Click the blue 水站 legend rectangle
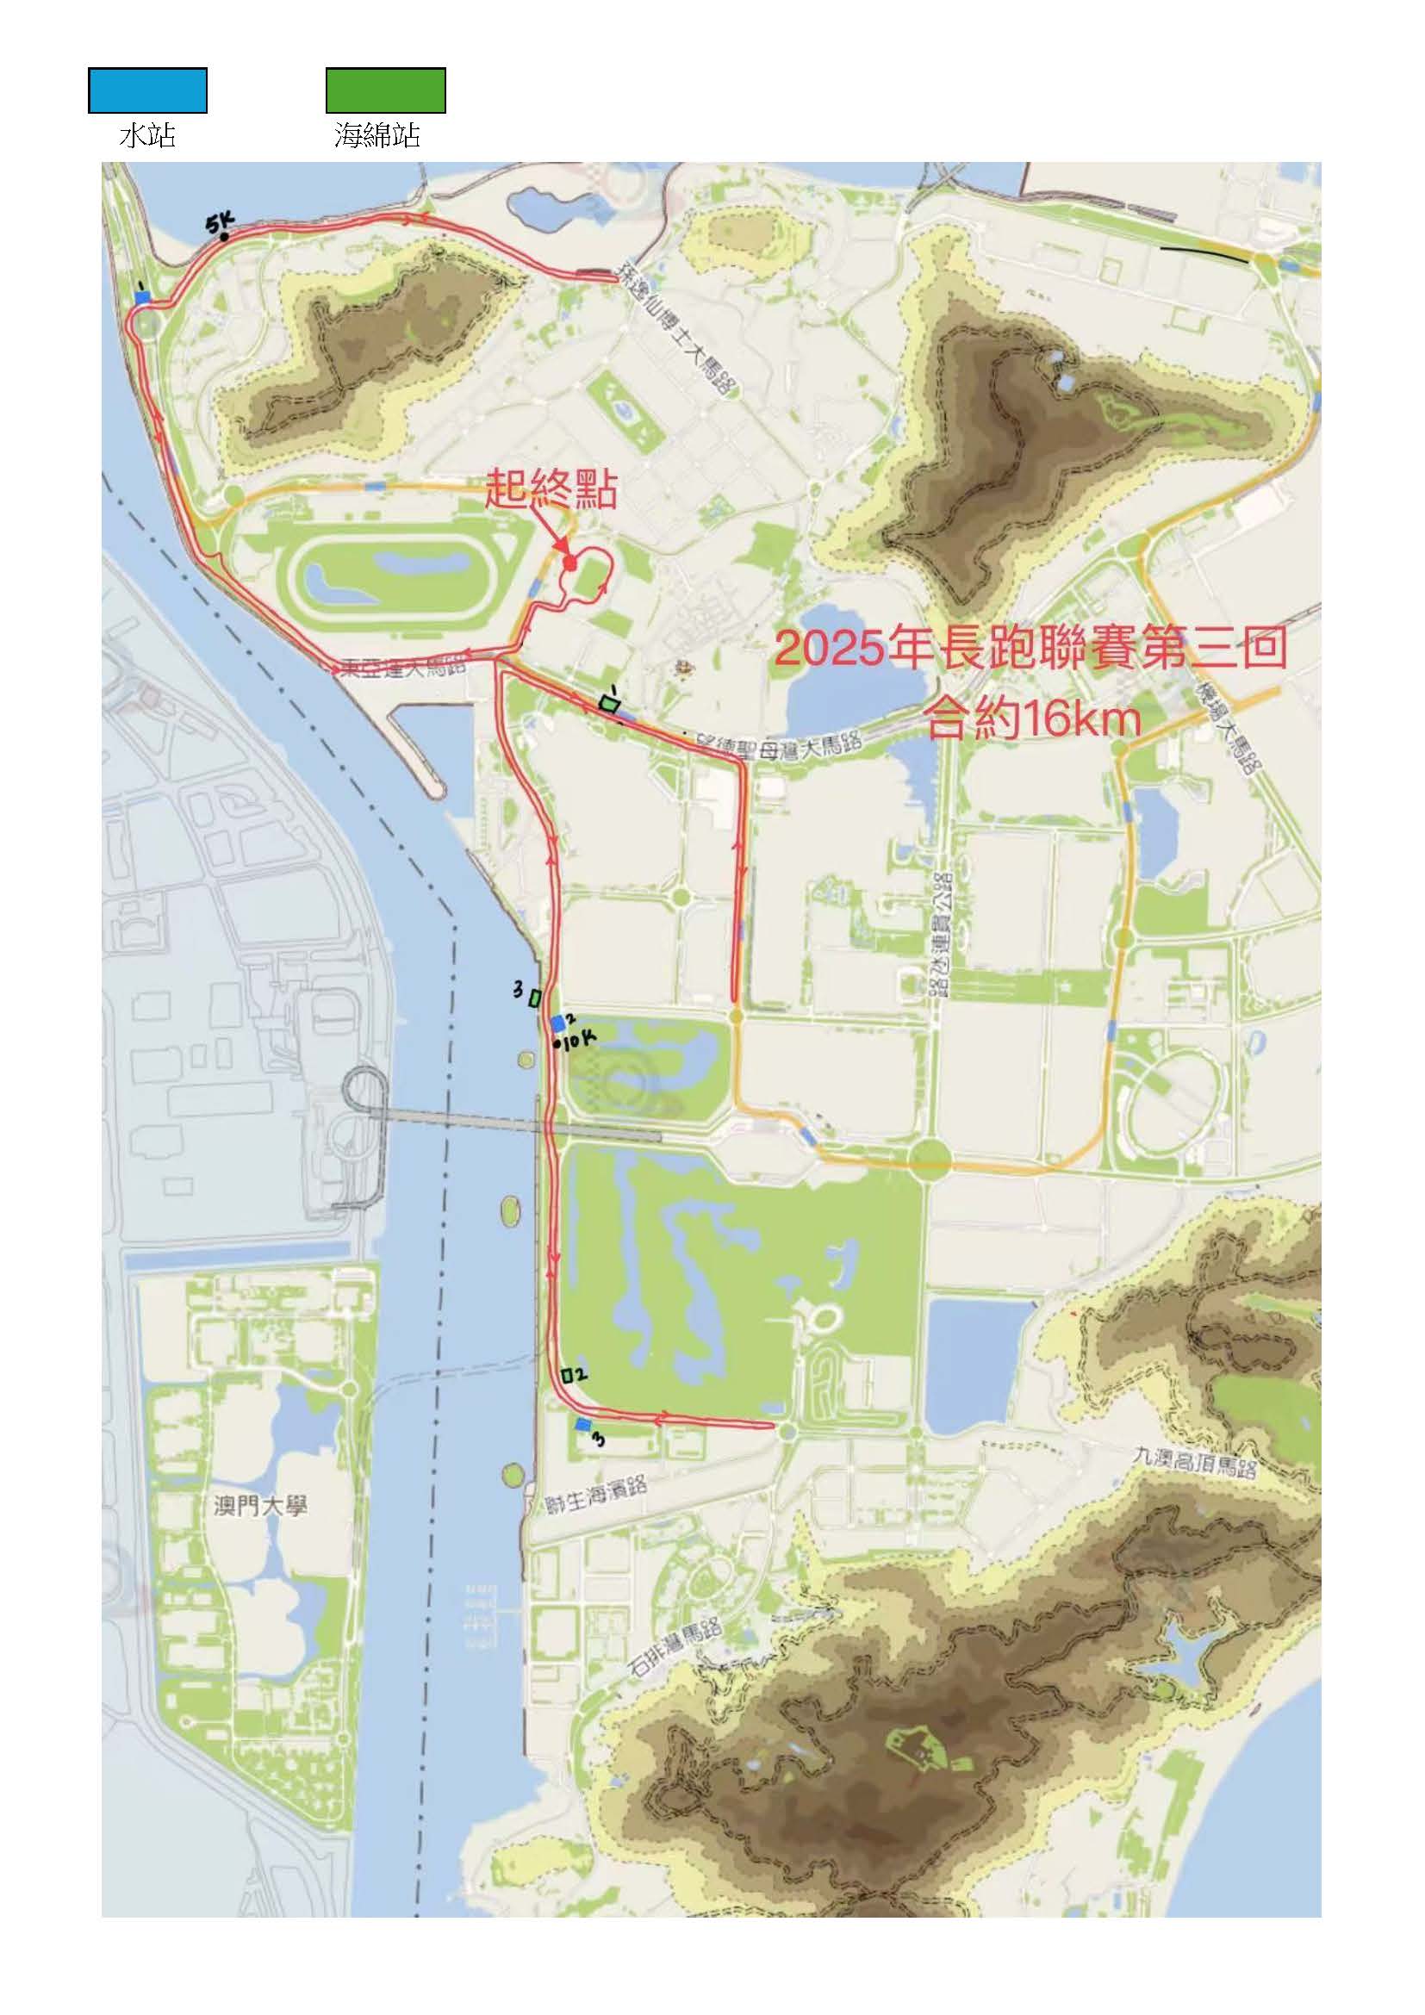coord(147,90)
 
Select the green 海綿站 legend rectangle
coord(385,90)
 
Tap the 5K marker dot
coord(225,236)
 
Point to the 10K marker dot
coord(557,1043)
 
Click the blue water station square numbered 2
coord(557,1023)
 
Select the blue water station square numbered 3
coord(582,1425)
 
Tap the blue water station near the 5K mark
coord(142,297)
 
